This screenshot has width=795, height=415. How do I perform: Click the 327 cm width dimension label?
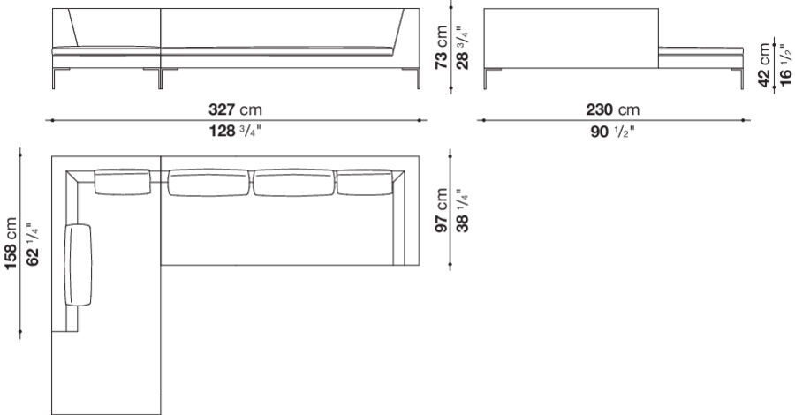(x=236, y=110)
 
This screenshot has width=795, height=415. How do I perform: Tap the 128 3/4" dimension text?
(x=236, y=132)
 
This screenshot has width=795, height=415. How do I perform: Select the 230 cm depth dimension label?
(x=612, y=110)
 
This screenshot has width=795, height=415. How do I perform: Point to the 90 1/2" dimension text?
(x=612, y=132)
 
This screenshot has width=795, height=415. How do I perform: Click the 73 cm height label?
(x=442, y=49)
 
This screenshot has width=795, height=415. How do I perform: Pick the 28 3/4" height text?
(x=460, y=49)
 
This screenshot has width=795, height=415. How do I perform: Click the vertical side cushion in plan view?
(x=79, y=265)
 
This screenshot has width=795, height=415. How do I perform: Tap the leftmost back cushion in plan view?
(x=123, y=182)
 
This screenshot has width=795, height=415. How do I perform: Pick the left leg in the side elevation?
(x=488, y=79)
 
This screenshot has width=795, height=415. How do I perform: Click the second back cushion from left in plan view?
(x=209, y=184)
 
